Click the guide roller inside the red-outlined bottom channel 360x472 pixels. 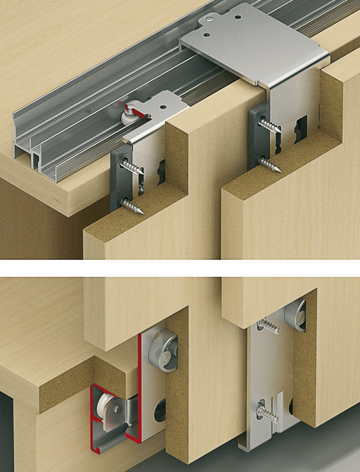108,404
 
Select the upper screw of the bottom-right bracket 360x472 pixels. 268,327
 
